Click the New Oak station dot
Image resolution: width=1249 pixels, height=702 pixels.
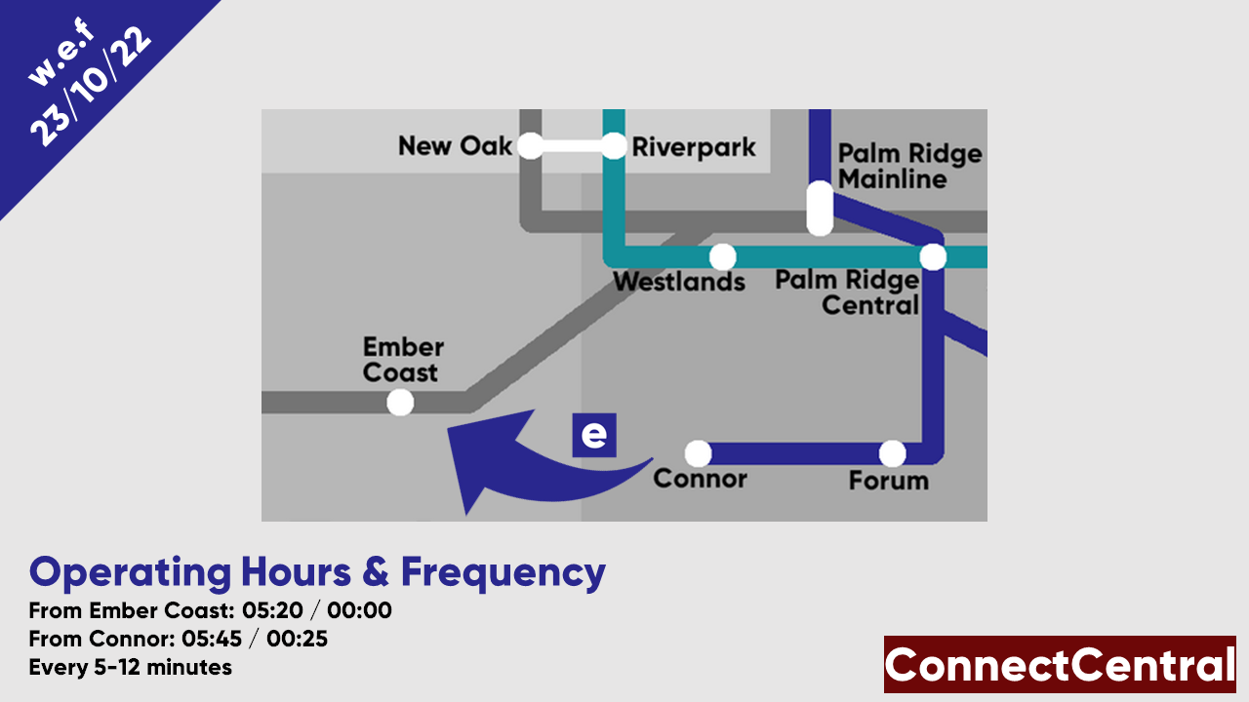pyautogui.click(x=530, y=146)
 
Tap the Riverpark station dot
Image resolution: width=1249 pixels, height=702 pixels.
pyautogui.click(x=613, y=146)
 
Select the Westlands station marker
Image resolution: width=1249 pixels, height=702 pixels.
pyautogui.click(x=722, y=256)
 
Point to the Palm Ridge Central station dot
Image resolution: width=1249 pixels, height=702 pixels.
pyautogui.click(x=933, y=256)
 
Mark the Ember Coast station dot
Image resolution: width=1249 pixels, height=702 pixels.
pyautogui.click(x=400, y=402)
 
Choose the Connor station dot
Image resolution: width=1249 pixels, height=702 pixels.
pyautogui.click(x=698, y=453)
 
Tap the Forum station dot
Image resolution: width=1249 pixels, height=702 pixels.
pyautogui.click(x=892, y=453)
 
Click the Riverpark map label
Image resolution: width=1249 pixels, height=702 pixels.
pyautogui.click(x=694, y=147)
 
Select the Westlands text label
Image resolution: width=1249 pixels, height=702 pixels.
pyautogui.click(x=679, y=282)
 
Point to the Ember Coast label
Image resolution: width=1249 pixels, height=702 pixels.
pyautogui.click(x=402, y=360)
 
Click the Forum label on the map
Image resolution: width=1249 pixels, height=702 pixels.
pyautogui.click(x=888, y=481)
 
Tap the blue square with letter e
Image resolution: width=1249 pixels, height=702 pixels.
pyautogui.click(x=594, y=435)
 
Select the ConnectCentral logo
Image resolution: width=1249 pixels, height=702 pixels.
pyautogui.click(x=1060, y=665)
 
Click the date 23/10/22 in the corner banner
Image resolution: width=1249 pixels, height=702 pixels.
pyautogui.click(x=93, y=88)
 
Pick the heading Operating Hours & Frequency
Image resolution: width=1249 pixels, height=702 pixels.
pyautogui.click(x=317, y=572)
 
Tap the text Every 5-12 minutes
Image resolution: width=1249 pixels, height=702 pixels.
pyautogui.click(x=131, y=668)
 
